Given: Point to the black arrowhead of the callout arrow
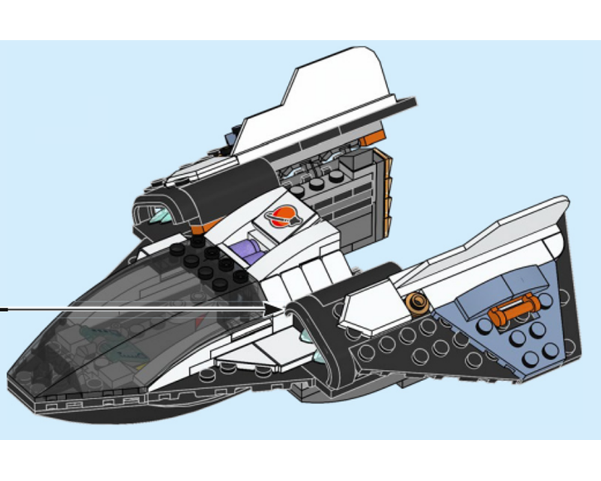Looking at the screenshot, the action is [278, 308].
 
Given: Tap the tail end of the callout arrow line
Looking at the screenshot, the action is [3, 309].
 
